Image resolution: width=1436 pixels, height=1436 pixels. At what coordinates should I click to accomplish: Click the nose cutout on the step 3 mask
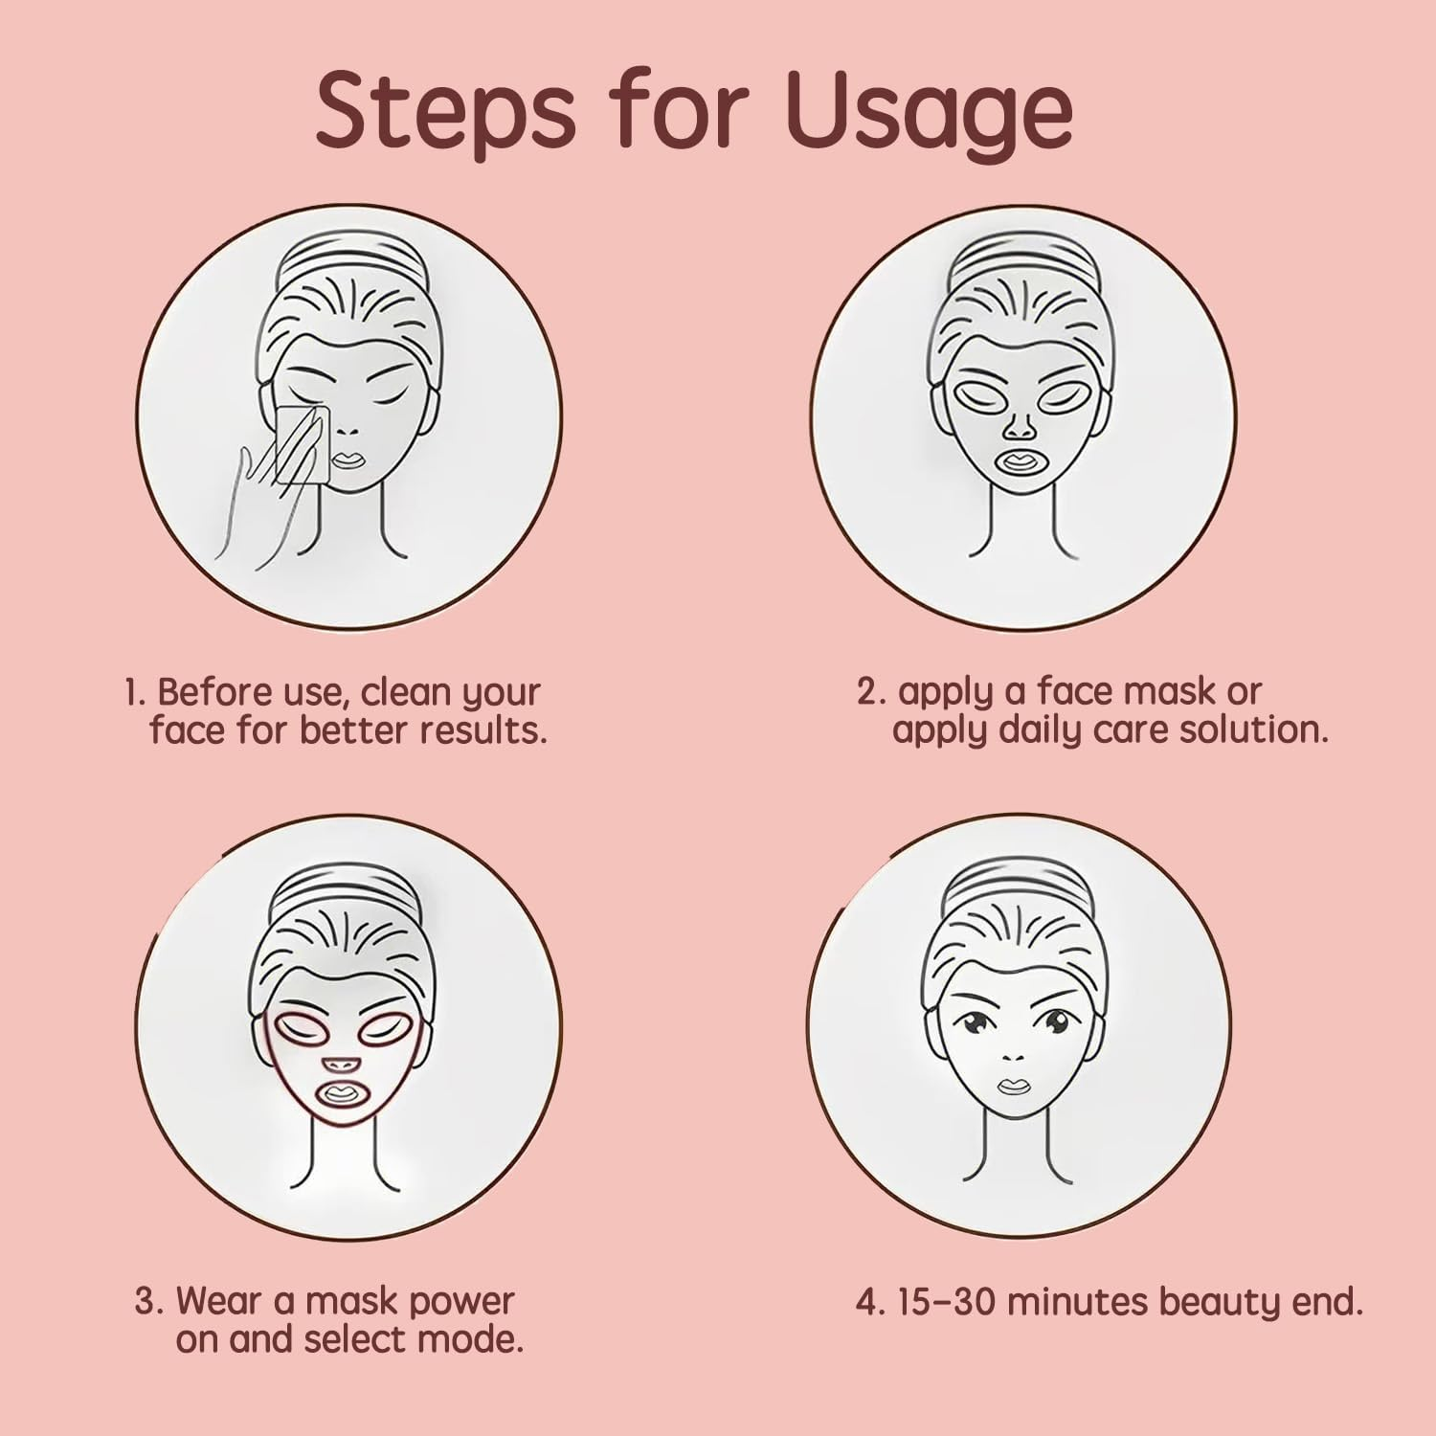coord(337,1064)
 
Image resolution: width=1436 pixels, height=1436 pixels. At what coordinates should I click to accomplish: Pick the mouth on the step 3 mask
coord(338,1094)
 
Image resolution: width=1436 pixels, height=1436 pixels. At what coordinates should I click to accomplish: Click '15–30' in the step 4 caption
coord(943,1302)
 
